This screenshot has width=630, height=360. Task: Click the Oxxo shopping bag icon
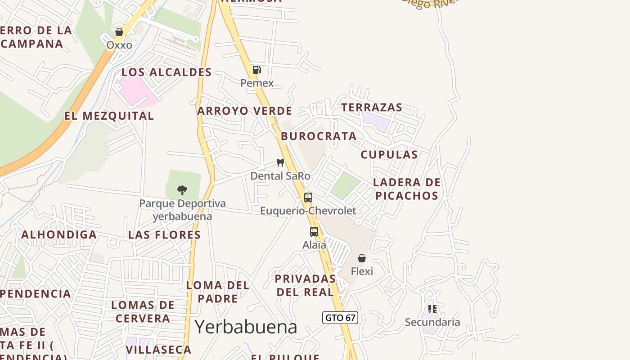click(x=119, y=32)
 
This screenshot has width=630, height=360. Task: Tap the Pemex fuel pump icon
click(x=256, y=70)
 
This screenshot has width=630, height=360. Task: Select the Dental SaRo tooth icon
click(x=280, y=162)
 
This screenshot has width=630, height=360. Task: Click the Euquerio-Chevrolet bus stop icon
click(x=308, y=197)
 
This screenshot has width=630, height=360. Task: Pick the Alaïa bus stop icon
click(x=314, y=232)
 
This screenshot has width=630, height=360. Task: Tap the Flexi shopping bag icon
click(x=362, y=258)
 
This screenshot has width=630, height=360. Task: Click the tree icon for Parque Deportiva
click(x=182, y=190)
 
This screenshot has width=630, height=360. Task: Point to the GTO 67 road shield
click(x=340, y=318)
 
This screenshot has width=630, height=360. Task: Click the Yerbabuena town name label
click(x=246, y=327)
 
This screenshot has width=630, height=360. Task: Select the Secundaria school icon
click(x=432, y=309)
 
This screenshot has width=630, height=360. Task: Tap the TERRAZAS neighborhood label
click(x=372, y=107)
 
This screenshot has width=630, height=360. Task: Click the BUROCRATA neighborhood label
click(x=319, y=136)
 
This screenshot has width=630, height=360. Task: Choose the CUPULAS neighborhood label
click(x=389, y=154)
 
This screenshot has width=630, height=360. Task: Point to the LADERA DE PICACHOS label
click(x=407, y=189)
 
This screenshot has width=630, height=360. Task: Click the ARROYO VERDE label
click(x=245, y=111)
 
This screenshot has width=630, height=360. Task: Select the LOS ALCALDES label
click(x=166, y=72)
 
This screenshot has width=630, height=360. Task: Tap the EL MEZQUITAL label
click(x=109, y=116)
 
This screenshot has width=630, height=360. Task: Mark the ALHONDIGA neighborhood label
click(x=59, y=234)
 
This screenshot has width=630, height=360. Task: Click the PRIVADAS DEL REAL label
click(x=306, y=285)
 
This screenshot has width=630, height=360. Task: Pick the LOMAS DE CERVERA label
click(x=143, y=311)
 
